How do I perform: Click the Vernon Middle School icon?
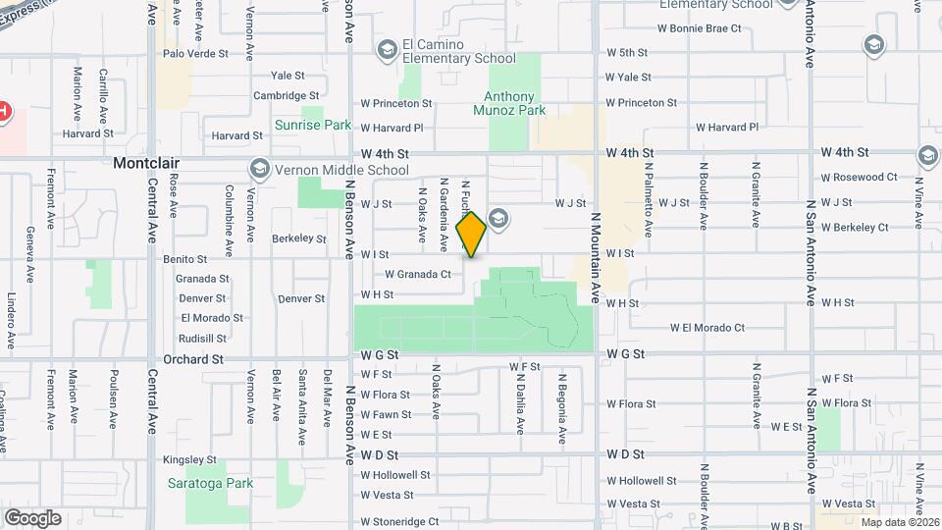coord(259,169)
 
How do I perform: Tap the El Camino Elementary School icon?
coord(388,48)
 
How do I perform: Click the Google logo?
coord(32,517)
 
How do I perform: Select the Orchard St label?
coord(193,360)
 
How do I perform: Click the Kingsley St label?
coord(189,459)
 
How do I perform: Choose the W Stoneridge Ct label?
coord(399,522)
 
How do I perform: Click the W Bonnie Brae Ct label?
coord(673,28)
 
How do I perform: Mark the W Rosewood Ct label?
coord(859,178)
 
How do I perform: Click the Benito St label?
coord(184,260)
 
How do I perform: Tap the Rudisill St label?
coord(203,339)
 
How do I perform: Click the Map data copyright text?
coord(897,521)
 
